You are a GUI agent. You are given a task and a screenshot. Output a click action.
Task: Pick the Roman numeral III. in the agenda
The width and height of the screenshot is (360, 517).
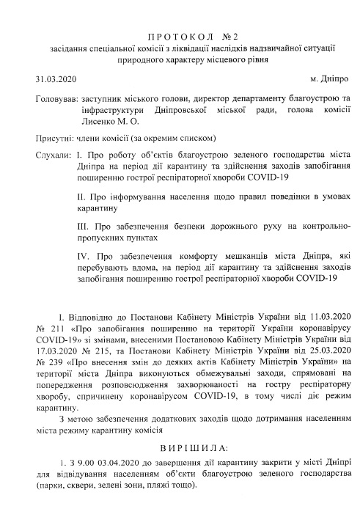(x=83, y=227)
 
